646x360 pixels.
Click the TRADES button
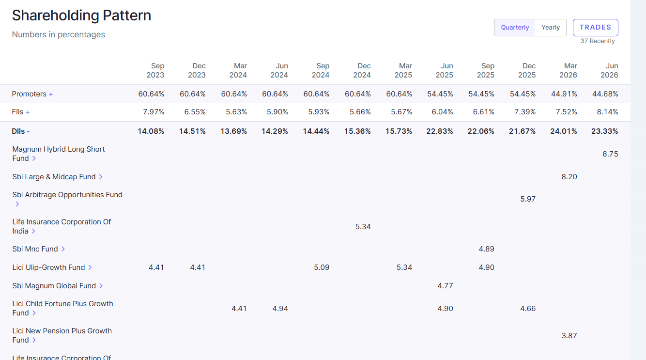coord(595,28)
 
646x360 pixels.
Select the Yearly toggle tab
coord(550,28)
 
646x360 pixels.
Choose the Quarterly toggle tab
coord(515,28)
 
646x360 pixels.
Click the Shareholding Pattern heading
coord(81,16)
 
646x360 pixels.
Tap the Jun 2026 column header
coord(609,70)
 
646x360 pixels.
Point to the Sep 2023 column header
coord(155,70)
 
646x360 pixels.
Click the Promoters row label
coord(29,94)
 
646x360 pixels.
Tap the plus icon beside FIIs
coord(28,112)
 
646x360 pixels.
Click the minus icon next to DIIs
coord(28,131)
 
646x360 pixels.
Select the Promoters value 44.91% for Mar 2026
coord(564,94)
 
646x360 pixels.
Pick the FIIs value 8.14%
coord(607,112)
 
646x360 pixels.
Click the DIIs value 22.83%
coord(440,131)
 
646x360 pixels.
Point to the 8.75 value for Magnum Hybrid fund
coord(610,154)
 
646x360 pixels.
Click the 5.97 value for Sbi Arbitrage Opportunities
coord(528,199)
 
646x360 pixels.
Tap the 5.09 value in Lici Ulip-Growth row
coord(322,267)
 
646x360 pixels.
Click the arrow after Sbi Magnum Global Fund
coord(101,286)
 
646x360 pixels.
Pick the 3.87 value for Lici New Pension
coord(569,336)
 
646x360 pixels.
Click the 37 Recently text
coord(598,41)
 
